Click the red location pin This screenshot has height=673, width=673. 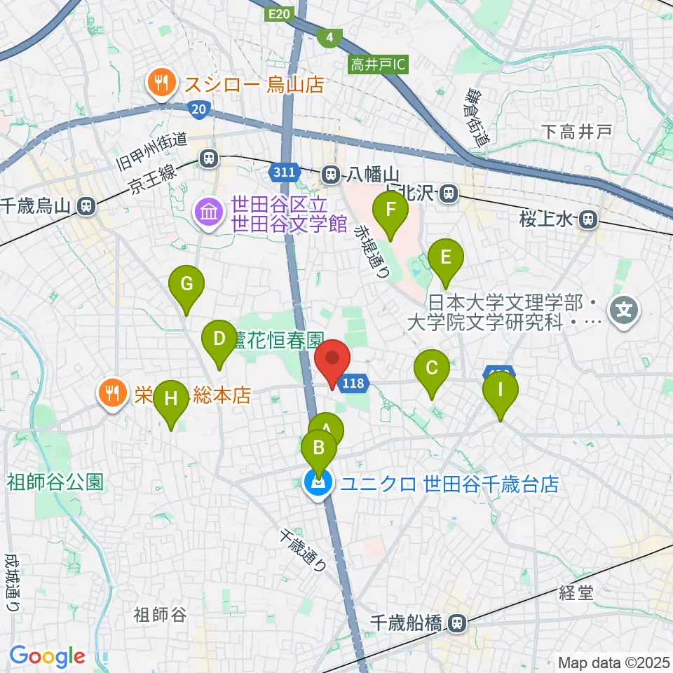[x=332, y=358]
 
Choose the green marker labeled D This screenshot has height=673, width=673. [x=219, y=341]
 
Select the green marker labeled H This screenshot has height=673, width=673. [x=170, y=400]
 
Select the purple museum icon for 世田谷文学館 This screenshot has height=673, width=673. [x=208, y=215]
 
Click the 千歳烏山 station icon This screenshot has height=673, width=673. [x=86, y=206]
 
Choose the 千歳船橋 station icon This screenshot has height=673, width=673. [x=457, y=621]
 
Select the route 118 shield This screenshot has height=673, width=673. [x=353, y=383]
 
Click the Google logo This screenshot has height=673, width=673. [x=47, y=656]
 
